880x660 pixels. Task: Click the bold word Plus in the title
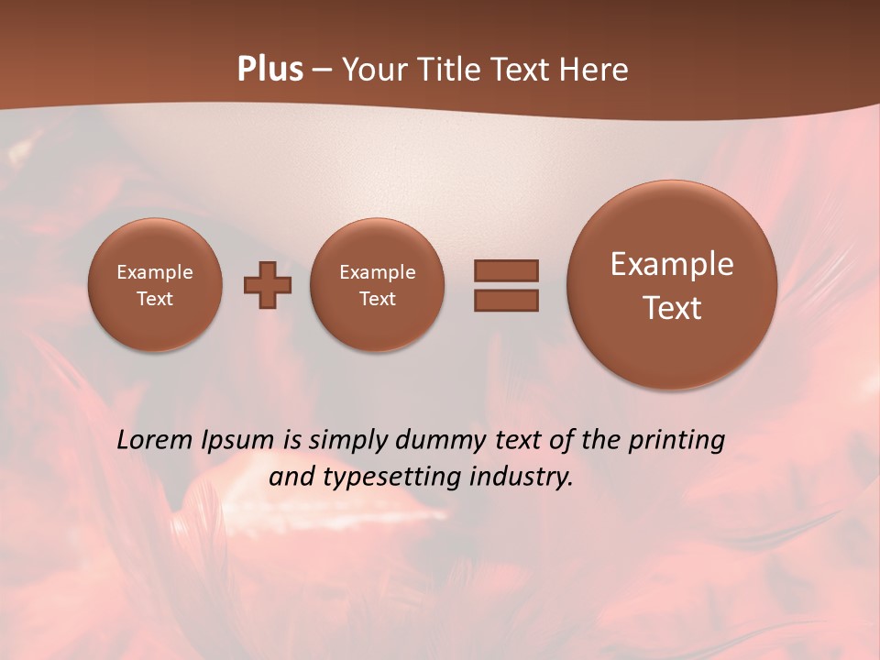(269, 70)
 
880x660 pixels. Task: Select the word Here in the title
(596, 70)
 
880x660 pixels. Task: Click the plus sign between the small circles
(268, 285)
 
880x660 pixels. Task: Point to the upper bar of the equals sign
(506, 270)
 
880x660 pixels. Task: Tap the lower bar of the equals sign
(506, 301)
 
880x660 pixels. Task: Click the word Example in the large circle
(672, 264)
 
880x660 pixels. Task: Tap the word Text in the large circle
(672, 308)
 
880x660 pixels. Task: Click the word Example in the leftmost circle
(155, 272)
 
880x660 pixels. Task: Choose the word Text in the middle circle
(378, 299)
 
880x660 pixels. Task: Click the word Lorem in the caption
(155, 440)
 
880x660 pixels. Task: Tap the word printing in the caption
(676, 441)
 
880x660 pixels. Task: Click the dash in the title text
(322, 71)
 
